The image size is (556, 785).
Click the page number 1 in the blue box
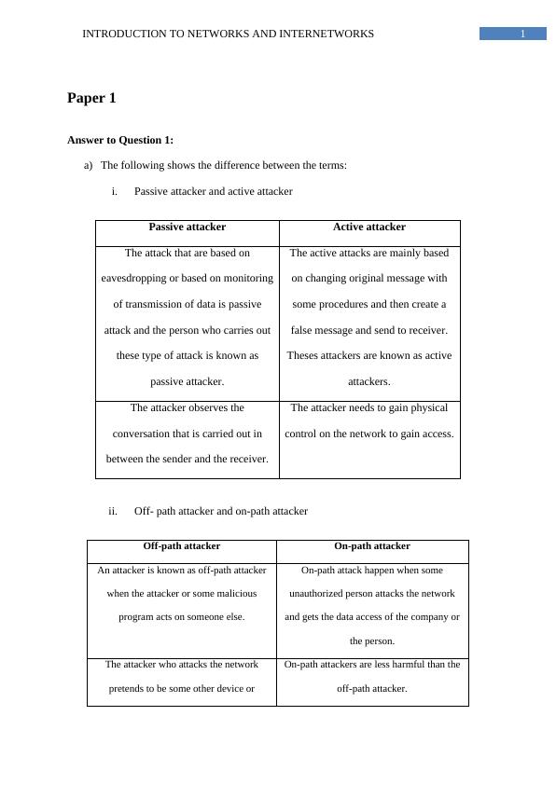click(x=522, y=34)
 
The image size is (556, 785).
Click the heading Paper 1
click(x=91, y=98)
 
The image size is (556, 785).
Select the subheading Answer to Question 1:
click(x=120, y=140)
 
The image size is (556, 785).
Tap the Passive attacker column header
click(x=187, y=227)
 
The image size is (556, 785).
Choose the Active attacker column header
click(x=369, y=227)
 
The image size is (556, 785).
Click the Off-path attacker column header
click(x=181, y=546)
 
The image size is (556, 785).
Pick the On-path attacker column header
click(x=371, y=546)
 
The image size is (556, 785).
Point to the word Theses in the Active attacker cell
click(x=304, y=355)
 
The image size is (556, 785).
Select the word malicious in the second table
click(x=241, y=593)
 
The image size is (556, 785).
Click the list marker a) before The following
click(x=88, y=165)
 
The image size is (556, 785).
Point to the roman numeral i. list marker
click(x=114, y=191)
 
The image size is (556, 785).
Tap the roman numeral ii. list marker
click(x=113, y=511)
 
